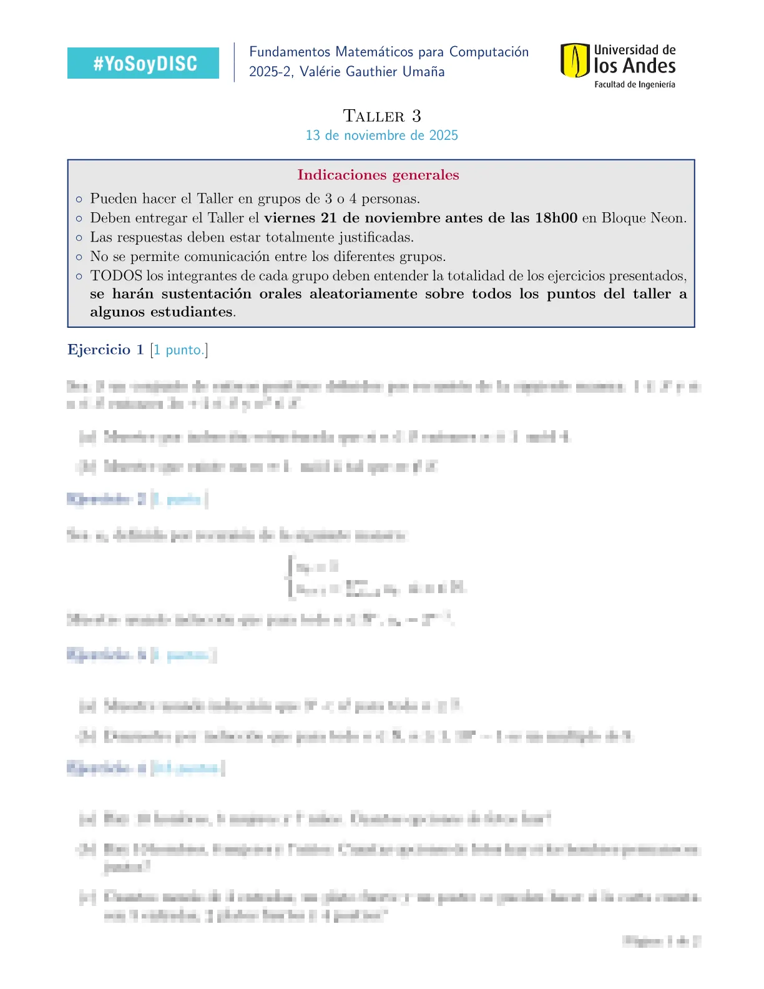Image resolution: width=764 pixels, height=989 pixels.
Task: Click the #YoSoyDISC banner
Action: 143,63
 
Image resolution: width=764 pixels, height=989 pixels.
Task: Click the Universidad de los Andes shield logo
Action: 574,61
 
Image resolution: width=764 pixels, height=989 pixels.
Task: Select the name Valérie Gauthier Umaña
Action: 372,72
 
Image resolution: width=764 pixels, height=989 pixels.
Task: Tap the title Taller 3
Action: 382,116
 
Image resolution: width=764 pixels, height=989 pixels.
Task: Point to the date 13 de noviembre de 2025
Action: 381,135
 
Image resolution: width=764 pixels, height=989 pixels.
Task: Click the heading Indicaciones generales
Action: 378,175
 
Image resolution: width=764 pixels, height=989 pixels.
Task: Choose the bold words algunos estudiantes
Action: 162,312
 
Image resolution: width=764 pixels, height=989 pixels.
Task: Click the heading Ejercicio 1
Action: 105,350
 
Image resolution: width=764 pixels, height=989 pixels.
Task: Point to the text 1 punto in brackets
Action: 179,350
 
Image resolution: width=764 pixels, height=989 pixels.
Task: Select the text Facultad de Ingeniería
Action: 634,84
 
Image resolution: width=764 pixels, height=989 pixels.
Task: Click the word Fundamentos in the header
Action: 290,52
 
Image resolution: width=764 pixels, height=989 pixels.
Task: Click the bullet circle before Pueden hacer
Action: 79,200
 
